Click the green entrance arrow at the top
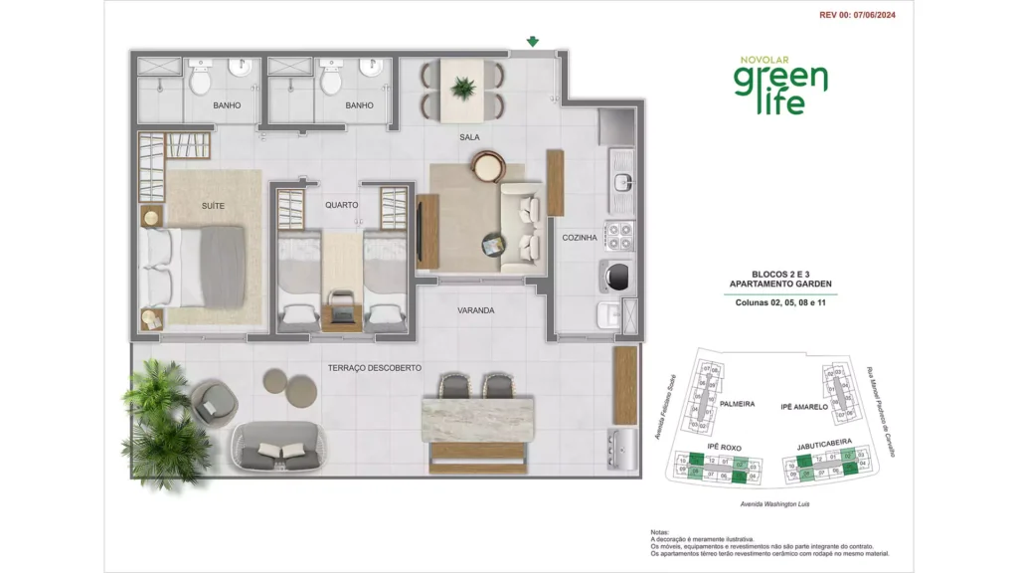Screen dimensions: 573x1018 point(533,42)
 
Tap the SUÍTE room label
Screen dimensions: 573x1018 point(213,206)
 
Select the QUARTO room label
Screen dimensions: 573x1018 point(341,205)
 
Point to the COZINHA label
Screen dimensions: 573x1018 point(580,238)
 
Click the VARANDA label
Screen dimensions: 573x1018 point(475,310)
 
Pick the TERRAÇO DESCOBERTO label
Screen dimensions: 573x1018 point(375,367)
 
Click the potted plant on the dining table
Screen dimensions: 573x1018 point(463,89)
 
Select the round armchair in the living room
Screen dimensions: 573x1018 point(488,166)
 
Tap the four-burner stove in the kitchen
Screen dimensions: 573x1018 point(620,236)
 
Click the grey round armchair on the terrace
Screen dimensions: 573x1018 point(214,400)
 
